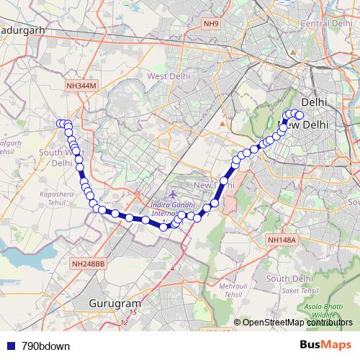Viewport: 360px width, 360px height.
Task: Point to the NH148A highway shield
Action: (x=281, y=240)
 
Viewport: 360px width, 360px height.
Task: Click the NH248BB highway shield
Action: (x=89, y=265)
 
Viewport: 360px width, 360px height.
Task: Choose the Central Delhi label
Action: (x=324, y=24)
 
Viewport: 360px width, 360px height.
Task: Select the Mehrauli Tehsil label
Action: (x=231, y=290)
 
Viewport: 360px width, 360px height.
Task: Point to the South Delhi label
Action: (x=288, y=278)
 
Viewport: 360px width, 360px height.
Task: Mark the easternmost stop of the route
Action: (x=300, y=115)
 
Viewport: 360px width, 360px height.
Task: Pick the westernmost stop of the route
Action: (x=60, y=124)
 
